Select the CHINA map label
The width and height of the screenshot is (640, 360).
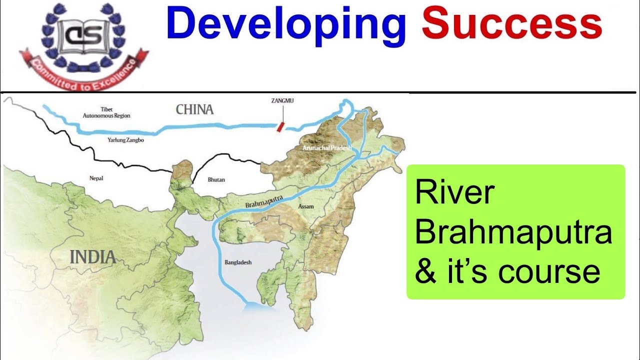(x=194, y=109)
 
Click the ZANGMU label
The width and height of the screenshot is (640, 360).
(x=282, y=100)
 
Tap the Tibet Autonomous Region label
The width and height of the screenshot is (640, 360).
(x=106, y=112)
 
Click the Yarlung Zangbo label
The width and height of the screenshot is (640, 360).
(x=125, y=140)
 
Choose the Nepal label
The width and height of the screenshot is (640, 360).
(x=96, y=178)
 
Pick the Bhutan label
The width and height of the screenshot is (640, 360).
(x=216, y=179)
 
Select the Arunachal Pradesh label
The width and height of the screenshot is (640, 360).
(x=327, y=148)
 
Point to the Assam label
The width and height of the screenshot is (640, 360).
(x=306, y=206)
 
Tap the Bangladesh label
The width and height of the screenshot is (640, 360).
(x=238, y=262)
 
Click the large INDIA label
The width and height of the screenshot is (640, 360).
(x=93, y=257)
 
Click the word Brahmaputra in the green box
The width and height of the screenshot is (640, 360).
(x=513, y=233)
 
